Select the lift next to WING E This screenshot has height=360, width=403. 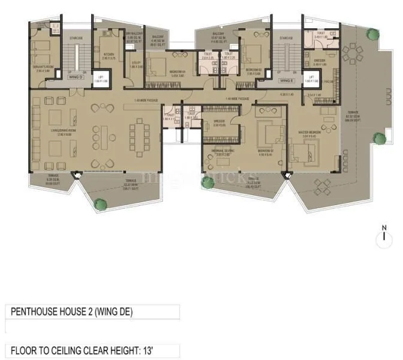(x=310, y=80)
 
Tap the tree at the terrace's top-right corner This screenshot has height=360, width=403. (x=372, y=34)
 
